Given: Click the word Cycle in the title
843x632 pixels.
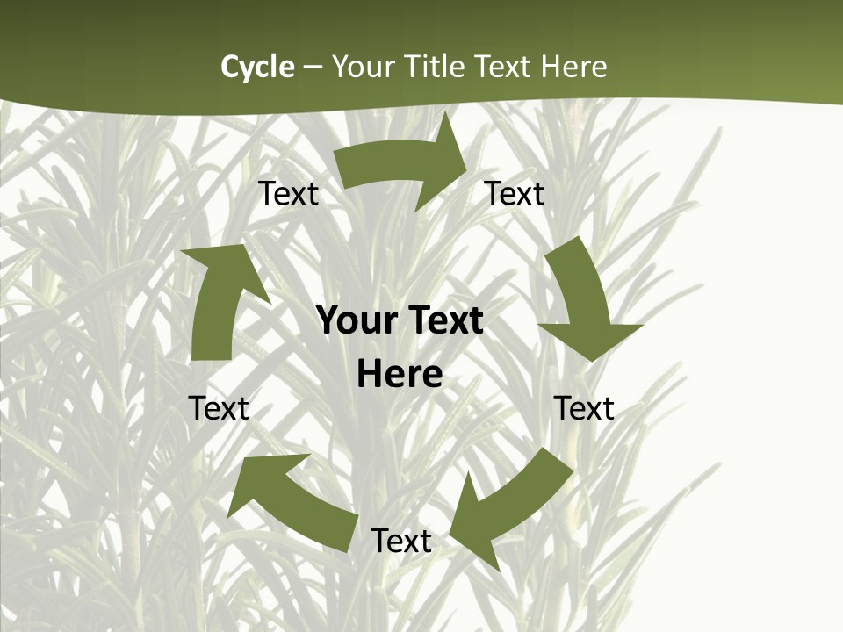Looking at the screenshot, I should pos(257,67).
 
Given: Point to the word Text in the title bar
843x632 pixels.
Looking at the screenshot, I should pos(503,67).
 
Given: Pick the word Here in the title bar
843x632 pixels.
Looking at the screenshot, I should pos(574,67).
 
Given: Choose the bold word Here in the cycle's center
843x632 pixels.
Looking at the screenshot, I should pos(400,375).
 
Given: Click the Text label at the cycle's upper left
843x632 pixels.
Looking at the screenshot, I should pos(288,193).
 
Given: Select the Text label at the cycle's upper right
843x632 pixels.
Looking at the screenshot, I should pos(515,193).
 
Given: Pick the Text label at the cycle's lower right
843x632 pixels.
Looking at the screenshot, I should pos(584,408).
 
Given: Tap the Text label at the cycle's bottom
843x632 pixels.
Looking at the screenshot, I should pos(401,541).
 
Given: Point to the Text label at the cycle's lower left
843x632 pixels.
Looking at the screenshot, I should pos(219,408).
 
